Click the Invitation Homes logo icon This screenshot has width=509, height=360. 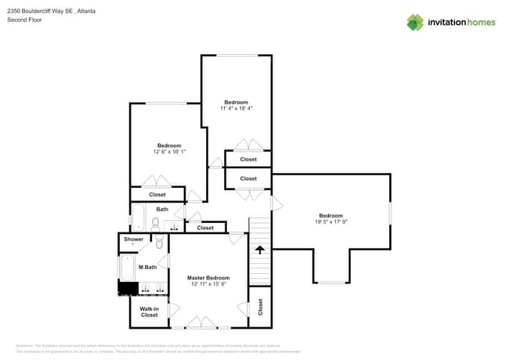415,22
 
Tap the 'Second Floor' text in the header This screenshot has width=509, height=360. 24,20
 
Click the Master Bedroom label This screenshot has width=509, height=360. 208,278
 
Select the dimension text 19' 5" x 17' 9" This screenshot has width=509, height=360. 330,221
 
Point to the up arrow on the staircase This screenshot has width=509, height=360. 259,250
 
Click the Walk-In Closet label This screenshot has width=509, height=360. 149,311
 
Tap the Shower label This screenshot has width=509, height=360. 133,239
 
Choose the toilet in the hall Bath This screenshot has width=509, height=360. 155,225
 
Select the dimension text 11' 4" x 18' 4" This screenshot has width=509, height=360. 236,108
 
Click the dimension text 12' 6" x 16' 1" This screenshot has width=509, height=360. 169,151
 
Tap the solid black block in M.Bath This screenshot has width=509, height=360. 128,290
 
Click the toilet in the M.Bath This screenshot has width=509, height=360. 159,243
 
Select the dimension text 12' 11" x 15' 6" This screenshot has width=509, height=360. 208,284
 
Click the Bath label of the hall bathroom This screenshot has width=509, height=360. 162,209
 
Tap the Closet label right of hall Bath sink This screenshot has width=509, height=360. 205,228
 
